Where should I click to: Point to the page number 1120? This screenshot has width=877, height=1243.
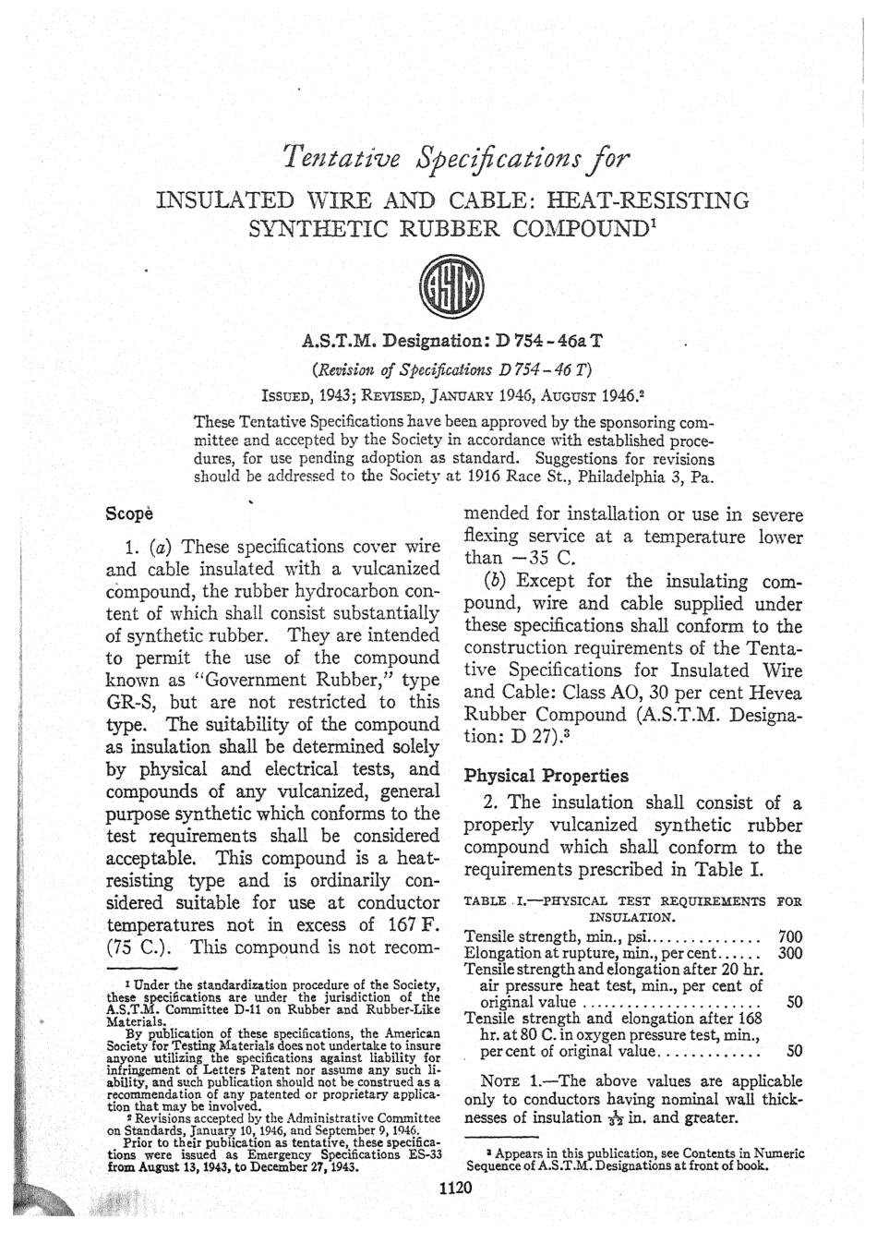(454, 1188)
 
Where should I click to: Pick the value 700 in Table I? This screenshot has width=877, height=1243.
(790, 936)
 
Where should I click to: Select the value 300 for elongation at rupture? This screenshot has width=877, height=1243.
(790, 952)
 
